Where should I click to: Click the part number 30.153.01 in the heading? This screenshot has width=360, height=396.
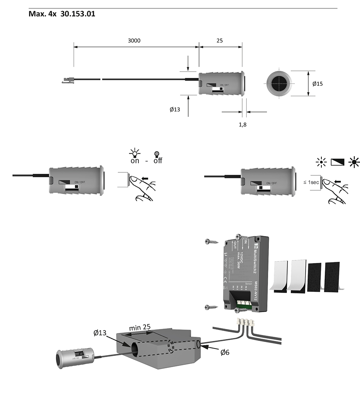pyautogui.click(x=78, y=14)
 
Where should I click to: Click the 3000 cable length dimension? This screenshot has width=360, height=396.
pyautogui.click(x=134, y=40)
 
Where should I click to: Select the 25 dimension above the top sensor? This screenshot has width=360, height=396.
pyautogui.click(x=219, y=40)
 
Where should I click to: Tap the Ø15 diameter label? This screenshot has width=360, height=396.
pyautogui.click(x=317, y=84)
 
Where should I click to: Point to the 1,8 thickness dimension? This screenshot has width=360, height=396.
pyautogui.click(x=243, y=124)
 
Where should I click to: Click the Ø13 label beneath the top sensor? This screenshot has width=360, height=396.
pyautogui.click(x=175, y=109)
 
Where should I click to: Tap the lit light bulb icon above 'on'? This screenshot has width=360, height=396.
pyautogui.click(x=134, y=153)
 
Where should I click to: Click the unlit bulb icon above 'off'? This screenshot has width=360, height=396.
pyautogui.click(x=157, y=154)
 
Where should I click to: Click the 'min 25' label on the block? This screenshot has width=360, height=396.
pyautogui.click(x=140, y=327)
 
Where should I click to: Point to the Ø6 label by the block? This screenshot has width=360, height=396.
pyautogui.click(x=225, y=352)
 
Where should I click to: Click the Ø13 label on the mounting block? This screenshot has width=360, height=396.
pyautogui.click(x=100, y=333)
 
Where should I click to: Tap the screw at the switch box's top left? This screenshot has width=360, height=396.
pyautogui.click(x=211, y=242)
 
